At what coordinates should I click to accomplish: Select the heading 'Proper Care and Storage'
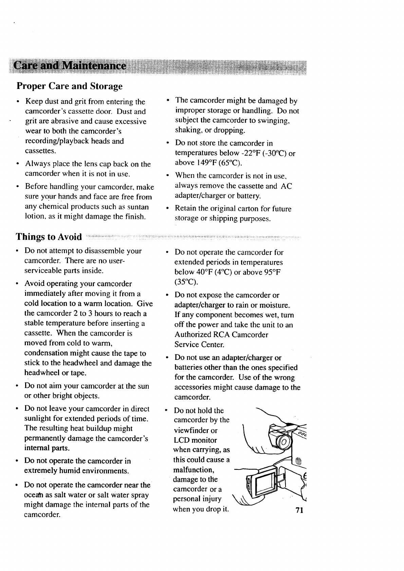coord(70,86)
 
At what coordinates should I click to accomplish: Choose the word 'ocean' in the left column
coord(33,495)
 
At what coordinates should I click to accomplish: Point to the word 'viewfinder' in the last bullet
coord(191,430)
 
